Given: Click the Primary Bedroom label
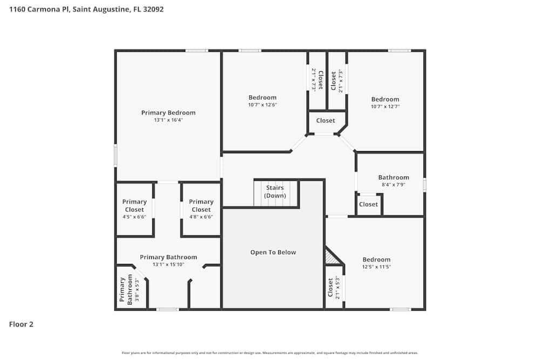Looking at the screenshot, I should tap(168, 113).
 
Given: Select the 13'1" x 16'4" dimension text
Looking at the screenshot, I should tap(168, 120).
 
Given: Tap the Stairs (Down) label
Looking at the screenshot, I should tap(274, 192).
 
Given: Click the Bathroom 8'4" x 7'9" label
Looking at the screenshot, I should tap(393, 178).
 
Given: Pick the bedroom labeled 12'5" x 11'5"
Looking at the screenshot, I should tap(376, 260).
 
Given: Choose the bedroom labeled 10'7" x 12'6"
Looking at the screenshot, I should tap(262, 98).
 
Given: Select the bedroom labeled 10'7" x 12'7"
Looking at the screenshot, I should tap(385, 99).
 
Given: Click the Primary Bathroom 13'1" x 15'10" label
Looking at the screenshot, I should tap(168, 257).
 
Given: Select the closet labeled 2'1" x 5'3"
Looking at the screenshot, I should tap(333, 288).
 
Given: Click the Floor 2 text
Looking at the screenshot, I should tap(21, 324).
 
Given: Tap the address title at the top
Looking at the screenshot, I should tap(86, 9).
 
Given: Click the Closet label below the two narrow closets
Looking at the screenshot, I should tap(326, 121).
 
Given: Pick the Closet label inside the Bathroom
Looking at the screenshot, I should tap(368, 205).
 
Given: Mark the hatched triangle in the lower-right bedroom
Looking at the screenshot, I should tap(331, 258).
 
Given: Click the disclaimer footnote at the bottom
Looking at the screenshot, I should tap(270, 353).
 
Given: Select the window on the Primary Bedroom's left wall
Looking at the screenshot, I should tap(115, 155).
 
